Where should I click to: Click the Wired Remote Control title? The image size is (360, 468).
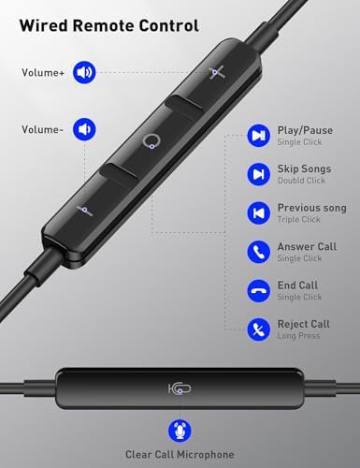point(109,25)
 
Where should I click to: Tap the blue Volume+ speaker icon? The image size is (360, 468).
point(84,72)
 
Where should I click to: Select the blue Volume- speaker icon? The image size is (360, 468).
point(84,129)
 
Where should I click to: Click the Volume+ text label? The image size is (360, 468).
point(43,73)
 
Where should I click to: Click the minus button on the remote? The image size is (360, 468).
point(85,211)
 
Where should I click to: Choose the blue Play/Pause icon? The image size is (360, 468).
point(258,136)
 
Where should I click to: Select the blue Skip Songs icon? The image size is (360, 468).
point(258,174)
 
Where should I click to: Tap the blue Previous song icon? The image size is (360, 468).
point(258,213)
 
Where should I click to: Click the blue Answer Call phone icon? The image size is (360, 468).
point(258,252)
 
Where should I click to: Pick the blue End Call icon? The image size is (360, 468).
point(258,291)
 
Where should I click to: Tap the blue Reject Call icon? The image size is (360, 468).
point(258,329)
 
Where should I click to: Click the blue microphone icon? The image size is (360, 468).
point(180,431)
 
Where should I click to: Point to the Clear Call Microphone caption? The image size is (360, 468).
point(180,455)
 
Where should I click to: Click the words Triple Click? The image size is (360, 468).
point(299,220)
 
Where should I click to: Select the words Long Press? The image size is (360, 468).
point(299,336)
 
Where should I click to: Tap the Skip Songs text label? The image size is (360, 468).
point(304,168)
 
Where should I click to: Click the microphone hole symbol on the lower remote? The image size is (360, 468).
point(180,388)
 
